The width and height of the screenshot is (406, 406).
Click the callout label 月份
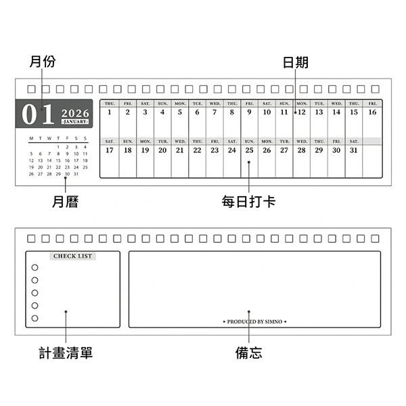(x=43, y=62)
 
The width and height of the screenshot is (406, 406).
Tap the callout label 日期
(x=296, y=62)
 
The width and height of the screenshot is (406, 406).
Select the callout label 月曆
(x=66, y=202)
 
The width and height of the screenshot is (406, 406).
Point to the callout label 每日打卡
(x=248, y=202)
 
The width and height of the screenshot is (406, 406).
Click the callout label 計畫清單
(x=66, y=353)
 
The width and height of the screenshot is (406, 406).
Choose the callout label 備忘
(x=248, y=353)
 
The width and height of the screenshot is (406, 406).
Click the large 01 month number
(x=38, y=114)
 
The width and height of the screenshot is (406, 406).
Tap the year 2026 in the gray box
(x=75, y=112)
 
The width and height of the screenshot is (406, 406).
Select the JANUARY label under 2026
(x=75, y=122)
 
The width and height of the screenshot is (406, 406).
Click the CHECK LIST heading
(x=72, y=256)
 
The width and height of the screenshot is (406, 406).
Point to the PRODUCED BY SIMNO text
(x=254, y=321)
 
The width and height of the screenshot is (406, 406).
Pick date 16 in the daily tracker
(x=372, y=112)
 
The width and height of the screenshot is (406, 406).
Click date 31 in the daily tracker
(x=353, y=150)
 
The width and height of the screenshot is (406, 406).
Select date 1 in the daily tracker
(x=110, y=112)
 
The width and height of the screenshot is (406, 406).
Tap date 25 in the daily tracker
(x=249, y=150)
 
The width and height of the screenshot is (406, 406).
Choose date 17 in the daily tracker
(x=110, y=150)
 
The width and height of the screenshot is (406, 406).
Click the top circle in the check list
(x=35, y=267)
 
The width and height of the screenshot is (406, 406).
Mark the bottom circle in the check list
(x=35, y=318)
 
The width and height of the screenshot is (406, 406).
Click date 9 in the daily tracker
(x=249, y=112)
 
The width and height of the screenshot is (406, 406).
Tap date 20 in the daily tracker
(x=162, y=150)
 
